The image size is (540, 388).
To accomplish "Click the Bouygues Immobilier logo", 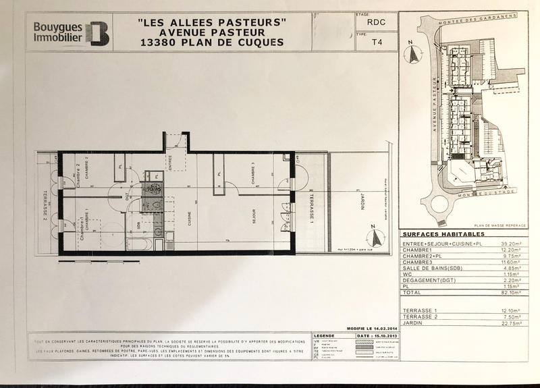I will coord(71,32).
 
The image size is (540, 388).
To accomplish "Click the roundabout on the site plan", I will coord(436,206).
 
